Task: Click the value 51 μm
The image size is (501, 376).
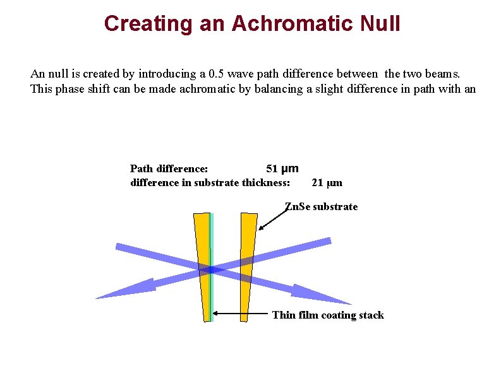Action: (x=282, y=169)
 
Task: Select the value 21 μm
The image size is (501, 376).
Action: (x=327, y=183)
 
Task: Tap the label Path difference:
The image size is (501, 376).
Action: (x=169, y=169)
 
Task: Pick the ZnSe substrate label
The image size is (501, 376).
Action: (x=321, y=207)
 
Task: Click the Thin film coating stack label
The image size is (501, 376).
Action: (x=327, y=315)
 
